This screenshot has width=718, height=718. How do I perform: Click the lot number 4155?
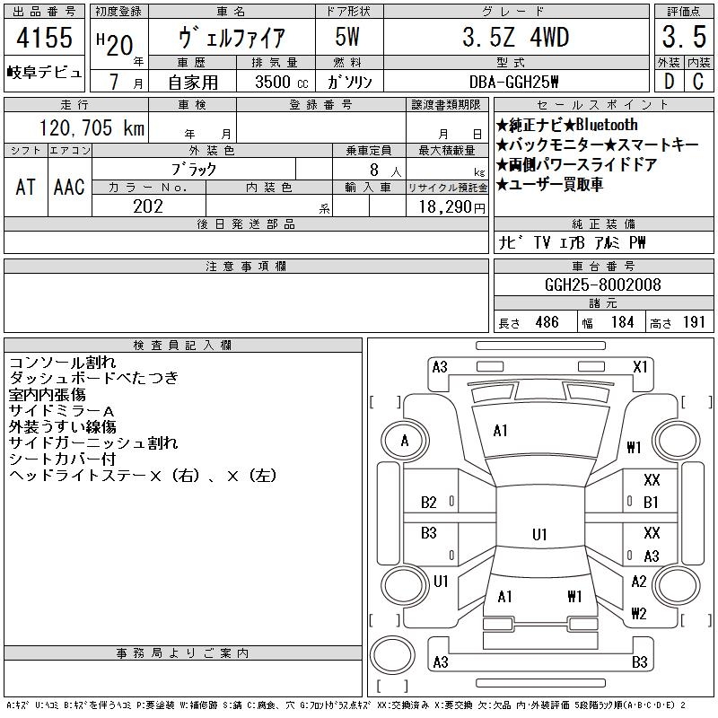(x=44, y=37)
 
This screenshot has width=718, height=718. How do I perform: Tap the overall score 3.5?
(x=684, y=37)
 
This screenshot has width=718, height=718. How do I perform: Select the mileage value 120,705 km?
(x=92, y=127)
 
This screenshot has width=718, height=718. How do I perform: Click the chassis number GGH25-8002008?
(x=602, y=285)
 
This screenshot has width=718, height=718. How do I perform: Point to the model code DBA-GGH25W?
(x=513, y=82)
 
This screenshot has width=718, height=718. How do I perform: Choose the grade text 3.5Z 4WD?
(x=515, y=37)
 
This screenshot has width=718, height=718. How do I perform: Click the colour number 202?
(x=148, y=206)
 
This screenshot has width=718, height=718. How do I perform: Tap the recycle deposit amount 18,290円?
(x=452, y=207)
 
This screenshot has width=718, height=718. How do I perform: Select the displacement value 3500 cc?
(x=282, y=82)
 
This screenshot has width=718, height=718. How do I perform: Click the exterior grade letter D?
(x=669, y=82)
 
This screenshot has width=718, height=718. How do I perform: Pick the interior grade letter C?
(x=698, y=82)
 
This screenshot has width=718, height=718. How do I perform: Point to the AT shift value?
(x=26, y=187)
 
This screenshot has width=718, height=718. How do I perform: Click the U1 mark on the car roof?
(x=539, y=534)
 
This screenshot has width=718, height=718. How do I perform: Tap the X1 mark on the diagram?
(x=640, y=367)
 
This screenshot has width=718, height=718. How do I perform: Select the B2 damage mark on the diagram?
(x=429, y=503)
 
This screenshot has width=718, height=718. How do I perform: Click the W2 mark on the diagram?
(x=639, y=613)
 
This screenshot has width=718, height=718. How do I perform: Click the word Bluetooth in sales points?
(x=607, y=125)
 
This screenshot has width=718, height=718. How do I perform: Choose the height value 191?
(x=694, y=322)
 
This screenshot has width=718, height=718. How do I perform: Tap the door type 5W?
(x=347, y=37)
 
